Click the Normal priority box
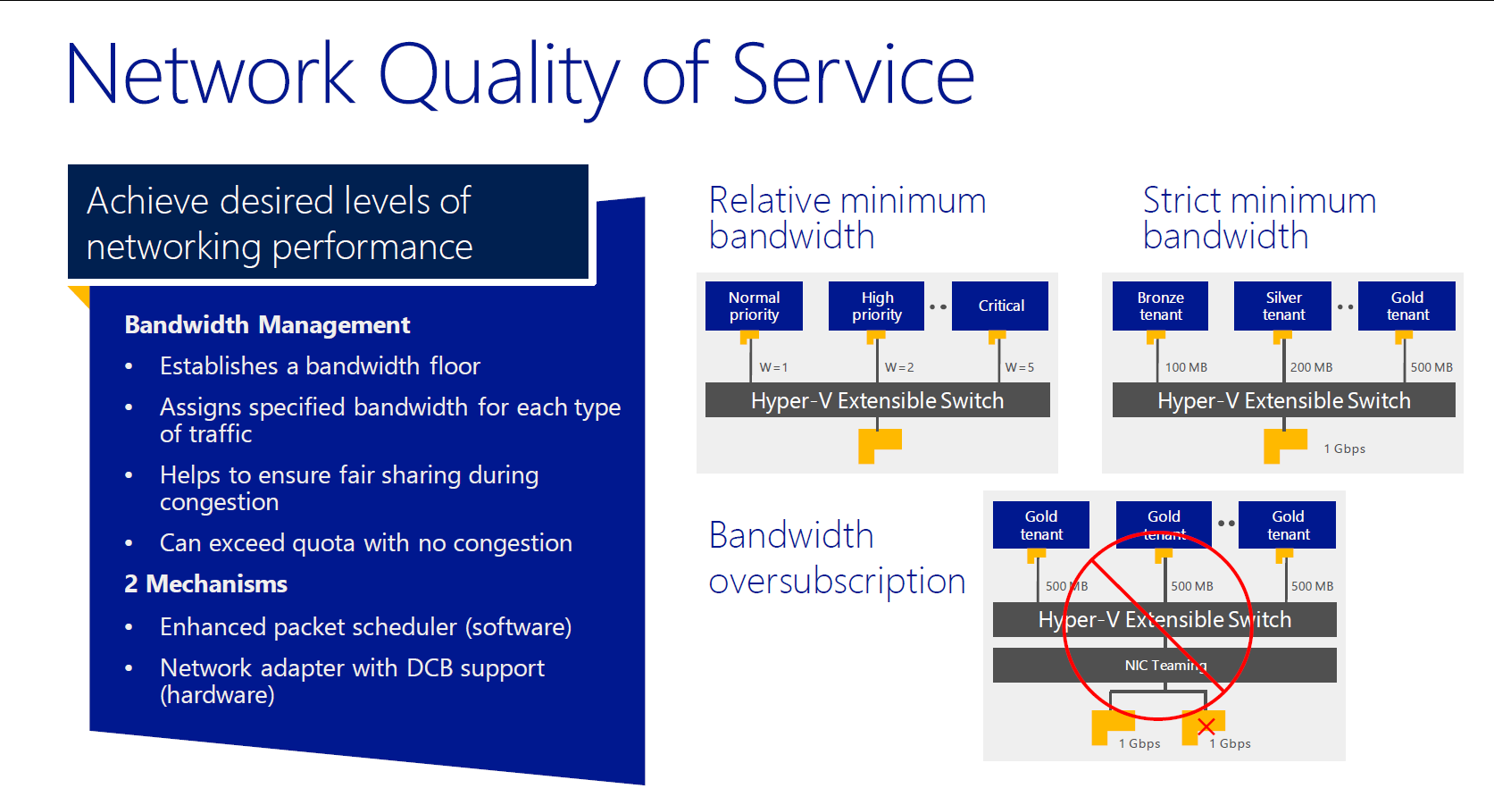pyautogui.click(x=754, y=306)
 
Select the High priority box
pyautogui.click(x=876, y=306)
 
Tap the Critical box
pyautogui.click(x=1000, y=306)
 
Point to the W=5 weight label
pyautogui.click(x=1020, y=367)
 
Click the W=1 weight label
pyautogui.click(x=773, y=367)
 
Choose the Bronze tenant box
pyautogui.click(x=1161, y=306)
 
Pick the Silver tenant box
pyautogui.click(x=1282, y=306)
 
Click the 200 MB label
pyautogui.click(x=1311, y=367)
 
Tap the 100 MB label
pyautogui.click(x=1186, y=367)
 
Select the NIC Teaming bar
pyautogui.click(x=1164, y=665)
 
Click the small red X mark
pyautogui.click(x=1206, y=726)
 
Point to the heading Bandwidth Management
pyautogui.click(x=267, y=324)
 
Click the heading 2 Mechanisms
pyautogui.click(x=205, y=584)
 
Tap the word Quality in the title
pyautogui.click(x=499, y=77)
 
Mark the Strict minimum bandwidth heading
pyautogui.click(x=1259, y=218)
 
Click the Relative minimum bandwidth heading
pyautogui.click(x=847, y=218)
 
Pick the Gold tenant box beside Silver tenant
pyautogui.click(x=1406, y=306)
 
